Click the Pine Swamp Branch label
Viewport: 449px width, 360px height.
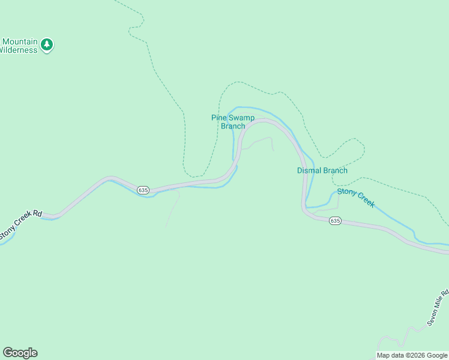click(233, 122)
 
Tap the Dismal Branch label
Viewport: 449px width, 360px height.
click(322, 170)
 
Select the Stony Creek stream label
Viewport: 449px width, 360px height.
click(356, 197)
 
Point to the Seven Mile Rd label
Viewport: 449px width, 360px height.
click(438, 308)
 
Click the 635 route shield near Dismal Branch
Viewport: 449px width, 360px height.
click(335, 221)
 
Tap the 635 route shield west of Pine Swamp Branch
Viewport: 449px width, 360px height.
click(142, 190)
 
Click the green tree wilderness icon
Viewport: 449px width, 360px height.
click(47, 44)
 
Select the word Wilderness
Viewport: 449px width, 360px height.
click(18, 50)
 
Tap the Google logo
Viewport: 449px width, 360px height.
click(20, 353)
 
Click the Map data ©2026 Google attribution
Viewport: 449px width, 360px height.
click(412, 355)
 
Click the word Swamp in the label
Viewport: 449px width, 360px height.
click(241, 118)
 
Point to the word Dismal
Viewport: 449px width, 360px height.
click(309, 170)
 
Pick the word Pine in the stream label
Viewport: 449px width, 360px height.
click(218, 118)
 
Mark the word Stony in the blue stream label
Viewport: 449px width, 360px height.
click(346, 193)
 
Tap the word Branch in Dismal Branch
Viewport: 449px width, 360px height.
click(335, 170)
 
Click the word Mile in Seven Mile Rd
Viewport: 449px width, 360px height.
click(440, 304)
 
